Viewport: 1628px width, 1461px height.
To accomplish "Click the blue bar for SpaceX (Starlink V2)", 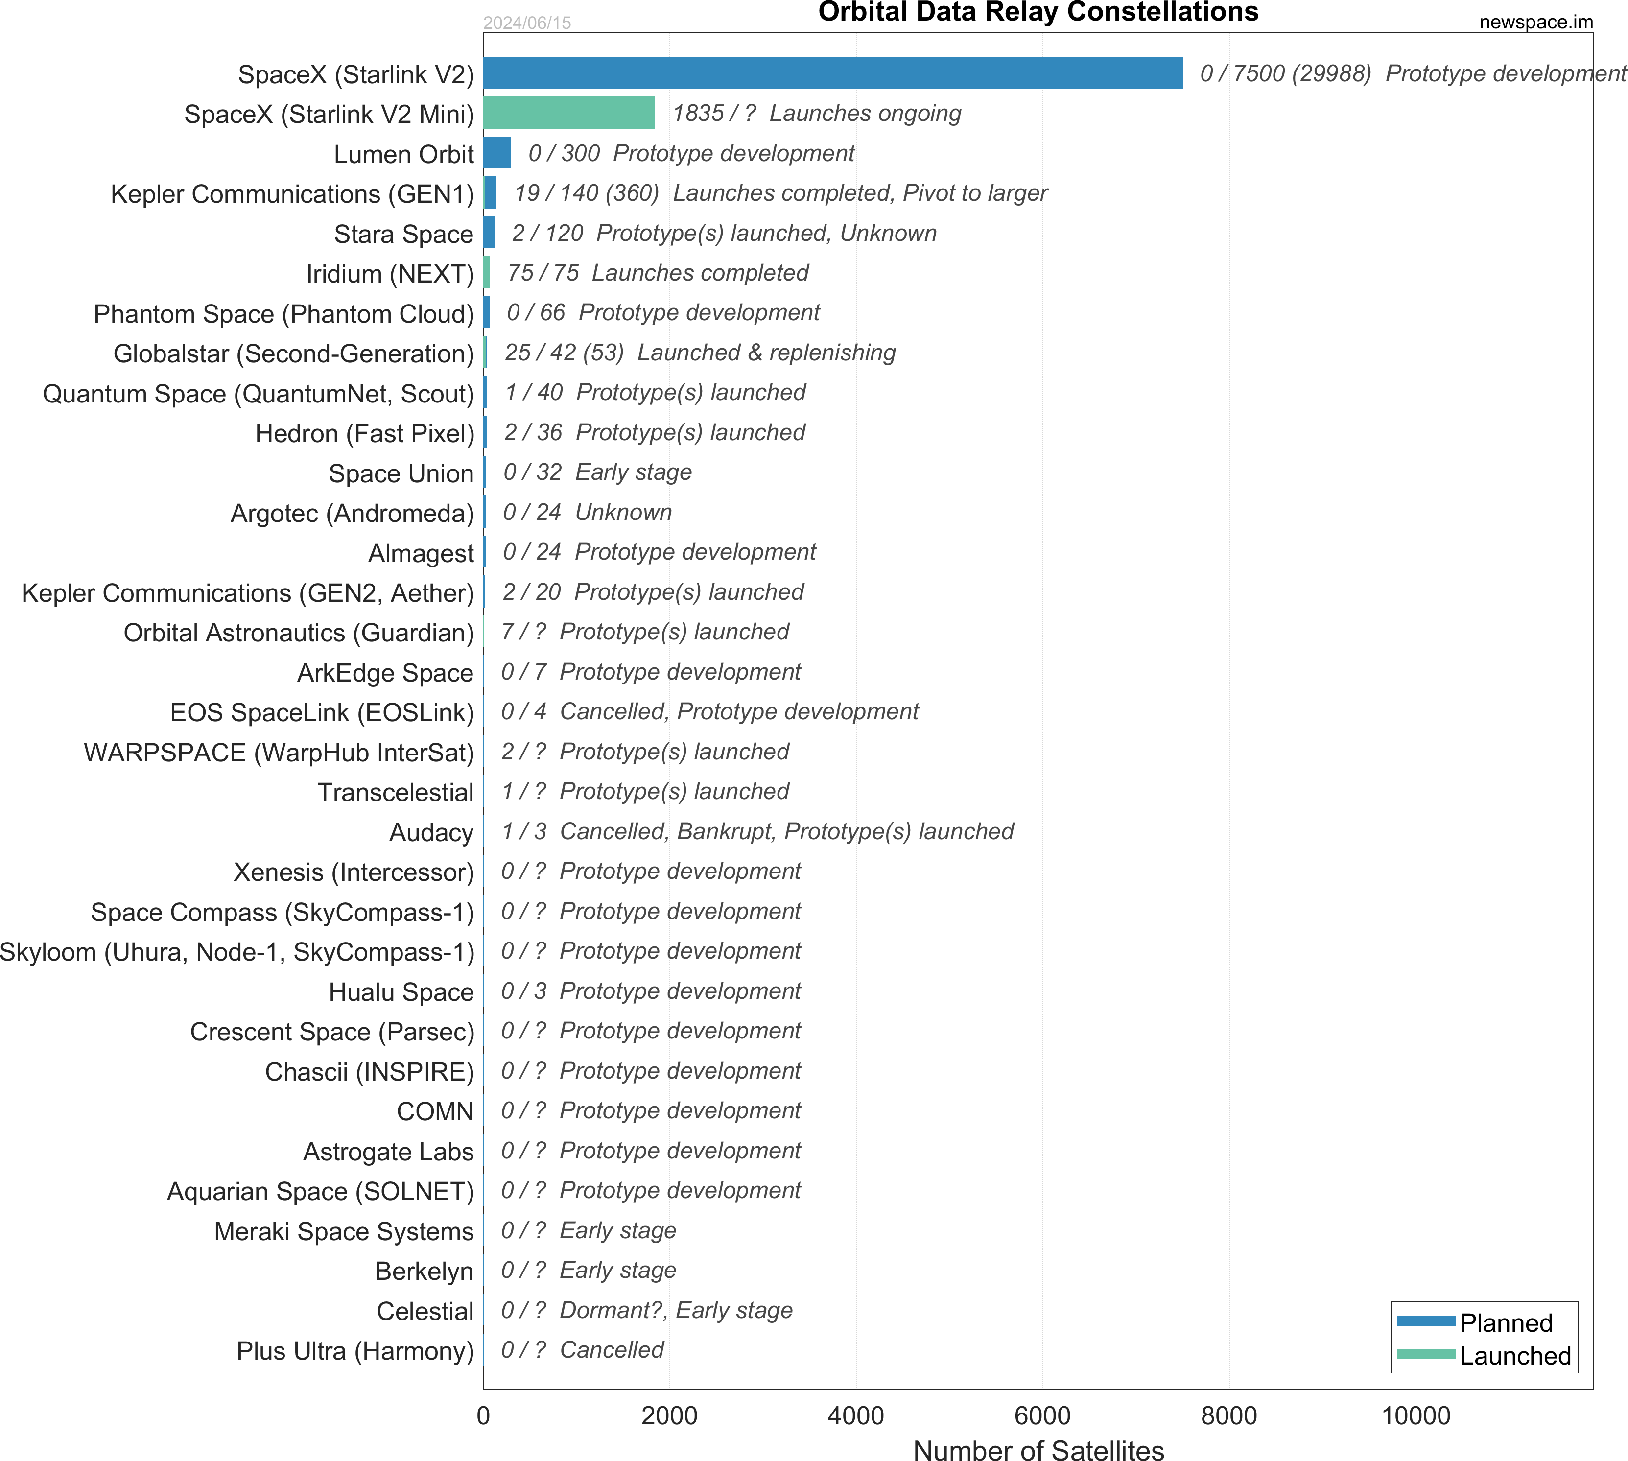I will coord(832,73).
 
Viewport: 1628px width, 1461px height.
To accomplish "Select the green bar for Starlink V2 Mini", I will coord(568,113).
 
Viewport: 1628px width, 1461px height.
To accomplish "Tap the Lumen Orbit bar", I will coord(497,153).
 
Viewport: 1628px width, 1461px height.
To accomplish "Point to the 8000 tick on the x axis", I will coord(1228,1415).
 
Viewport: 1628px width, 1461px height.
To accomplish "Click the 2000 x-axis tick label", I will coord(669,1415).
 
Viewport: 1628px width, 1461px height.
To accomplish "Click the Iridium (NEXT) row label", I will coord(390,274).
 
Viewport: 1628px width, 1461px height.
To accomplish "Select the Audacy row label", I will coord(431,832).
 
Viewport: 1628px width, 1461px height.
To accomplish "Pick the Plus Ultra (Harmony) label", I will coord(355,1351).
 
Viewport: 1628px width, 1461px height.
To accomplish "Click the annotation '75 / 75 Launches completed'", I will coord(658,273).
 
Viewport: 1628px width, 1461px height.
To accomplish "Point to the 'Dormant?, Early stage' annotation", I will coord(675,1310).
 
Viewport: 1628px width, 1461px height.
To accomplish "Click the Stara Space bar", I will coord(489,233).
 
